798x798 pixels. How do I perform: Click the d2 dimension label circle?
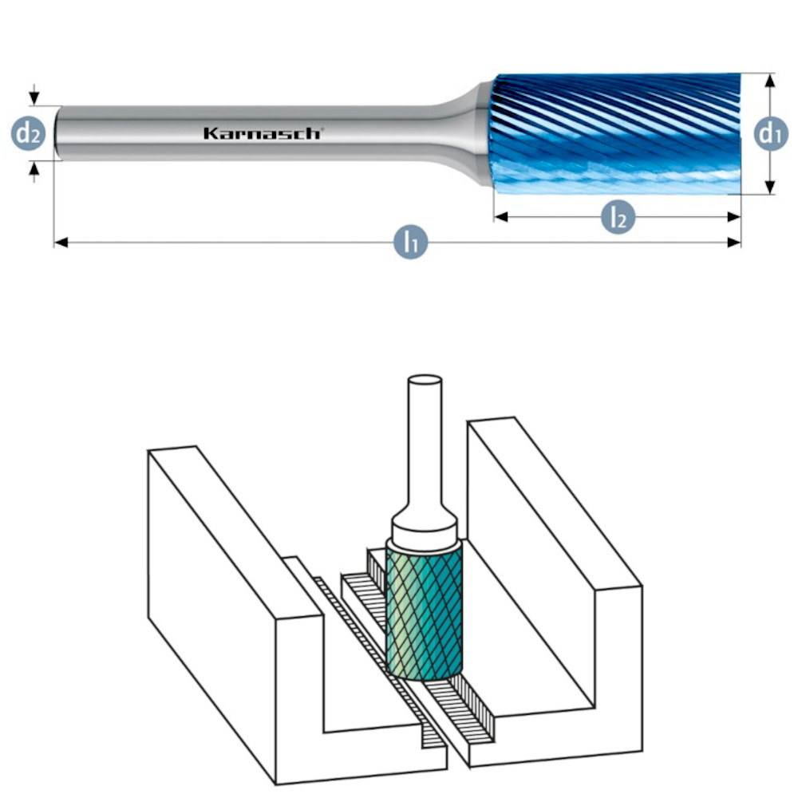[x=29, y=134]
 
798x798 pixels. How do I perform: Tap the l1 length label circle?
[x=410, y=241]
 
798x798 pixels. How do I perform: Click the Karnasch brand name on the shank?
[x=262, y=133]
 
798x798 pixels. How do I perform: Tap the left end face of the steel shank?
[x=56, y=133]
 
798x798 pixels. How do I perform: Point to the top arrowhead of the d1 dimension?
[x=769, y=80]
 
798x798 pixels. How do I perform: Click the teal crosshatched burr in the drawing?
[x=424, y=610]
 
